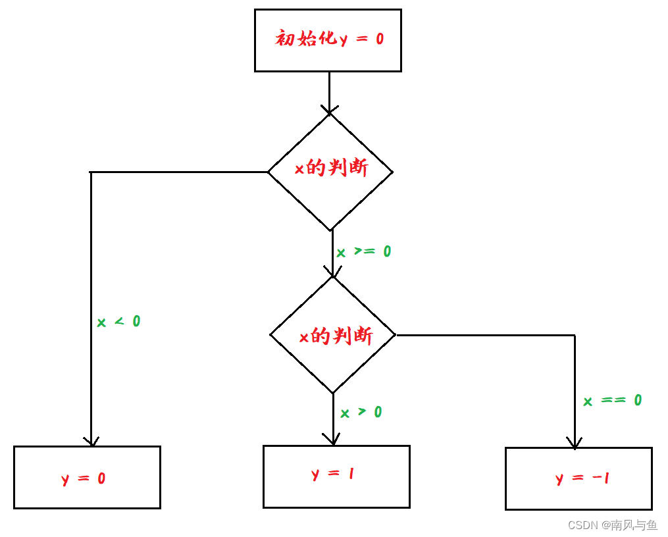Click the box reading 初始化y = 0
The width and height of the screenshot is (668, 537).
(328, 40)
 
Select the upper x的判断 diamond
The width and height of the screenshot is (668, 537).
(330, 171)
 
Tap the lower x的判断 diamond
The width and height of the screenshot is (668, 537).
(333, 335)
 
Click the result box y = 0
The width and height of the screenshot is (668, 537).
(87, 477)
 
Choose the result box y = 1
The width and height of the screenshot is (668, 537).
(336, 476)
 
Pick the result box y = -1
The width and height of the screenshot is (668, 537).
(578, 478)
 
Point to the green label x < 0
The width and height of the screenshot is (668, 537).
(118, 322)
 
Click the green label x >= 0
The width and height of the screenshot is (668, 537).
(364, 252)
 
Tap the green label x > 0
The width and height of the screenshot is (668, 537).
(361, 413)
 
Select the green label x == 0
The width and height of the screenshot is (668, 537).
(612, 400)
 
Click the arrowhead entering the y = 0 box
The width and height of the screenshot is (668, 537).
(91, 441)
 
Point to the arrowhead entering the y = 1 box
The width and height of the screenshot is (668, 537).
(333, 440)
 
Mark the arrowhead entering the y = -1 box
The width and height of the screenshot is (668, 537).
(575, 443)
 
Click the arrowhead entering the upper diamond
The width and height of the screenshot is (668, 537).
(329, 109)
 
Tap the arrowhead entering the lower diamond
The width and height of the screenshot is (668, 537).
(332, 272)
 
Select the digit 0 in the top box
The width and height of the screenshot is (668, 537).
(380, 39)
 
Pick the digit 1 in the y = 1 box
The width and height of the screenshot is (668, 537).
(351, 473)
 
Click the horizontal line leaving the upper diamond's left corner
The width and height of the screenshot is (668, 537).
(178, 172)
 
